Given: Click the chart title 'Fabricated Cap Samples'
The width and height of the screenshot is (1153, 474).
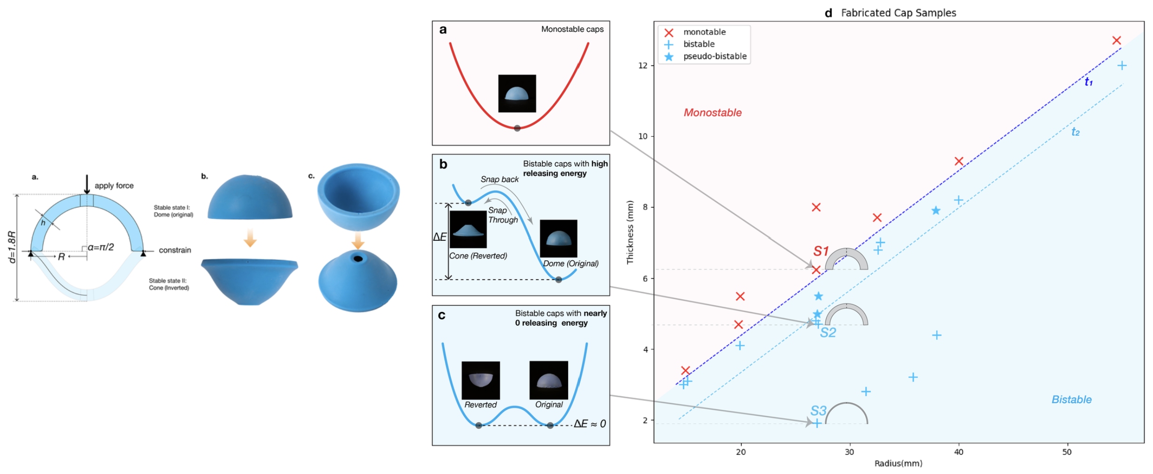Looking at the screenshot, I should (898, 13).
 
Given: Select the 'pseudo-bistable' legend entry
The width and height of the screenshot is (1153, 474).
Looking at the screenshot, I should (715, 56).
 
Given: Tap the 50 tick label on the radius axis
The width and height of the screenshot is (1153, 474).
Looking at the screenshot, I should (1067, 452).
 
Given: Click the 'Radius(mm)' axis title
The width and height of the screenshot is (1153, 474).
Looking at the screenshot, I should (898, 463).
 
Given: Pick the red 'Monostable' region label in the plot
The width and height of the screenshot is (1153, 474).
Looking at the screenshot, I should (712, 112).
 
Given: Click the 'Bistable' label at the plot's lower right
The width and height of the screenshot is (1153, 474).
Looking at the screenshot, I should (1072, 400).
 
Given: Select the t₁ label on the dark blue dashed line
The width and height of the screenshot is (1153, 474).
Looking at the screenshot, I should (1089, 82).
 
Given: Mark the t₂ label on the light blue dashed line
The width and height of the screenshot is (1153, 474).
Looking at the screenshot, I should (1076, 132).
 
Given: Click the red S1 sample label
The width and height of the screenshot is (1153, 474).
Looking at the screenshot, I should (821, 251).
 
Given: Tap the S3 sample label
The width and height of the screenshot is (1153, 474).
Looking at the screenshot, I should (818, 411).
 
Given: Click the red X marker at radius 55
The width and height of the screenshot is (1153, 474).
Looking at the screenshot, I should (1116, 41).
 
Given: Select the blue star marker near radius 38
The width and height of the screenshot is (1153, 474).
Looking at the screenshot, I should (936, 211).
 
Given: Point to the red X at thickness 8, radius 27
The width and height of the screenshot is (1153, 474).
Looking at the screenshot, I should (816, 207).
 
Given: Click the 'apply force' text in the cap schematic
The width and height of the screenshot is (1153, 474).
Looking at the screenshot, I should (114, 185).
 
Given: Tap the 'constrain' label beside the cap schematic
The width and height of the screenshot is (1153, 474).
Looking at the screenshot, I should (175, 250).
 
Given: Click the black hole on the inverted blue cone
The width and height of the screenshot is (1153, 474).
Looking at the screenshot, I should (358, 259).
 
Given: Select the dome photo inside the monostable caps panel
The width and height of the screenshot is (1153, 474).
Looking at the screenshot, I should (517, 93).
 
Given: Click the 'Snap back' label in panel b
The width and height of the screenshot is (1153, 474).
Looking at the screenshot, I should (499, 179).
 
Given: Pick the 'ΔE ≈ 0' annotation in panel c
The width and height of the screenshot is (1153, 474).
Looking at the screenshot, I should (590, 424).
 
